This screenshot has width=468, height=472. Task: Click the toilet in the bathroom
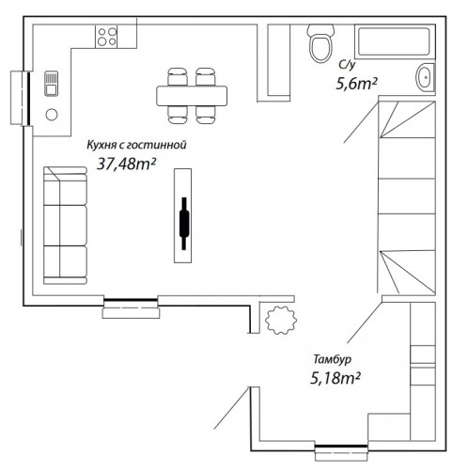point(320,43)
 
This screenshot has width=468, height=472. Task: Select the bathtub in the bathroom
point(395,41)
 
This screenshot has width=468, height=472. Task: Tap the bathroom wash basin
point(425,77)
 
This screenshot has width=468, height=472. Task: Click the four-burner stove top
point(106,37)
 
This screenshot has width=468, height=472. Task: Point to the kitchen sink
point(51,84)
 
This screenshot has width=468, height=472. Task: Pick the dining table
point(192,96)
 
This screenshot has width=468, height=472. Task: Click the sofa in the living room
point(65,226)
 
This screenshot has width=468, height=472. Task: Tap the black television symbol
point(184,223)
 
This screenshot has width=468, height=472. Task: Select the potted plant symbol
point(281,320)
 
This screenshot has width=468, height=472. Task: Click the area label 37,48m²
point(127,164)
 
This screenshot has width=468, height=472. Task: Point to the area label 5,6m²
point(356,84)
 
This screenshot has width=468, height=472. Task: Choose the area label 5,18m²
point(335,378)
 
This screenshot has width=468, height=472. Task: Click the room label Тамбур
point(333,359)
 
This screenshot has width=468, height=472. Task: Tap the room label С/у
point(347,65)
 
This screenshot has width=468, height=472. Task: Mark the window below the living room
point(131,307)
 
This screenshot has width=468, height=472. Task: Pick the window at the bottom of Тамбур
point(341,450)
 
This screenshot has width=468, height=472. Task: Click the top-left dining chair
point(178,77)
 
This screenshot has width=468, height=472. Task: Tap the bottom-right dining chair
point(206,115)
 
